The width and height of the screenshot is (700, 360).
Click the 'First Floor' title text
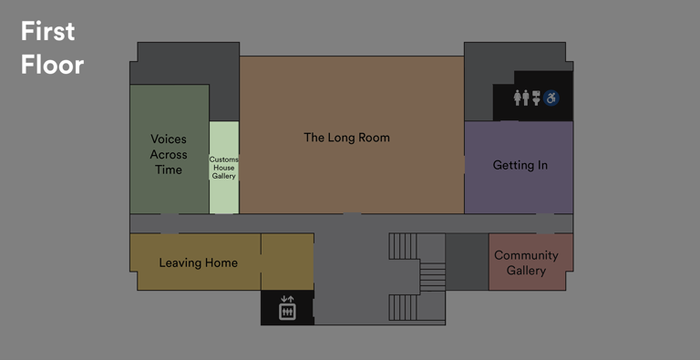coord(52,47)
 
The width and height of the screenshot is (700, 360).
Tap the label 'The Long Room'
coord(346,138)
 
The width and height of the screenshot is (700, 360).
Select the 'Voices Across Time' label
coord(168,154)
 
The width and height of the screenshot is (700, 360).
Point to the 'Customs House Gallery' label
coord(223,168)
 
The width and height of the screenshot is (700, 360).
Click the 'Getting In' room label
coord(520,165)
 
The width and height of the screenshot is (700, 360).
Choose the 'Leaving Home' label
coord(198,262)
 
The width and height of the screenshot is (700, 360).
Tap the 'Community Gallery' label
coord(526,262)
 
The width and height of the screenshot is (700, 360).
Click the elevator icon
coord(287,308)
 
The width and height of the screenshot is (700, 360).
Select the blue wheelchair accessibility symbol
coord(552,98)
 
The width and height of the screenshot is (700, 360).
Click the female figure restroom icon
coord(518,98)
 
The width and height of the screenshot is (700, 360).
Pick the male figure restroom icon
coord(527,98)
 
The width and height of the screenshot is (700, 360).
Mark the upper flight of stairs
coord(404,246)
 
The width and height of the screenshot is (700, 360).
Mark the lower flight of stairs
coord(404,307)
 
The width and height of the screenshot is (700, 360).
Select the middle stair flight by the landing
coord(432,276)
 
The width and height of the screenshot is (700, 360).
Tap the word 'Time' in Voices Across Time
coord(168,170)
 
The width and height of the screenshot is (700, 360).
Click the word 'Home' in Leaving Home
coord(221,262)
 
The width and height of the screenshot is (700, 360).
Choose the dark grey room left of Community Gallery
coord(467,262)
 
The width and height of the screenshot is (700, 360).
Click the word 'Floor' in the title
coord(52,64)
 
